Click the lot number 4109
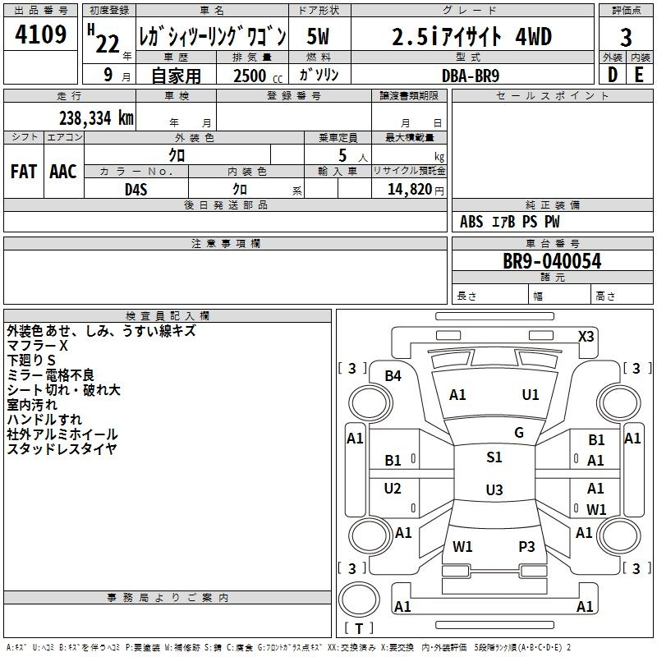click(x=40, y=34)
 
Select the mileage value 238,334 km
click(x=96, y=118)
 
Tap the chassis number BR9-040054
click(x=552, y=261)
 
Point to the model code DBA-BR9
click(x=471, y=76)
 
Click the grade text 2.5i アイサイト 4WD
click(x=471, y=36)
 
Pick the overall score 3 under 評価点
click(x=626, y=37)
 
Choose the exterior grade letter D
click(x=613, y=75)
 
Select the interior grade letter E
click(x=639, y=75)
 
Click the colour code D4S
click(x=136, y=190)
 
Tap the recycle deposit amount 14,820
click(x=410, y=190)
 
